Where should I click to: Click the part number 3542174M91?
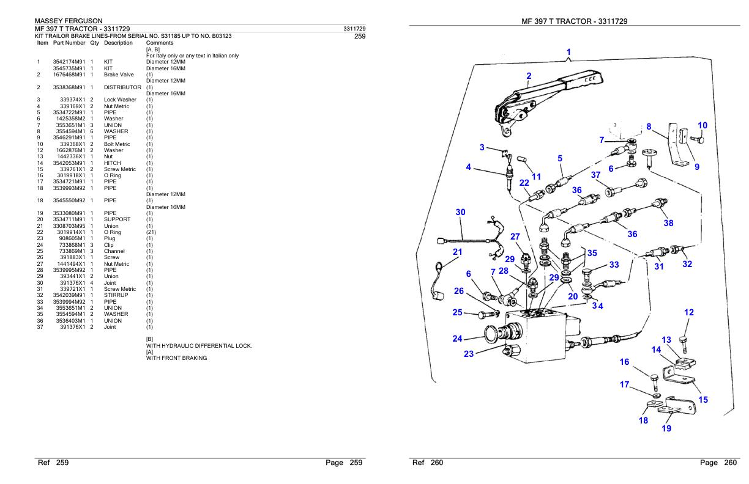tap(69, 62)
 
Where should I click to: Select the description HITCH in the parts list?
tap(112, 163)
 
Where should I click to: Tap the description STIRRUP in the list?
tap(116, 295)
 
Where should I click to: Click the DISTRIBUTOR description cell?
tap(122, 87)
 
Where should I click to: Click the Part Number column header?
tap(69, 43)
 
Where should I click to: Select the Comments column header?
tap(160, 43)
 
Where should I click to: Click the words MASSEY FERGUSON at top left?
tap(69, 21)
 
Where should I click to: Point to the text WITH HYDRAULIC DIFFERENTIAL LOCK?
tap(199, 346)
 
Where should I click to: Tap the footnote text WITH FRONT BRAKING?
tap(177, 358)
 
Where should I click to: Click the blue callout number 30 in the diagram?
tap(460, 212)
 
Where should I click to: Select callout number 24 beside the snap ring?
tap(458, 339)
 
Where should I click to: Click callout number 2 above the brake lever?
tap(529, 76)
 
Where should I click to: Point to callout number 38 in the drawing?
tap(668, 223)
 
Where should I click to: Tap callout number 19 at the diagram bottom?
tap(666, 428)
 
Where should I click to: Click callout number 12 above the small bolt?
tap(689, 312)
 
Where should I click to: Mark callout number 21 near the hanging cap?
tap(458, 252)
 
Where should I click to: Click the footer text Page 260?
tap(718, 463)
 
